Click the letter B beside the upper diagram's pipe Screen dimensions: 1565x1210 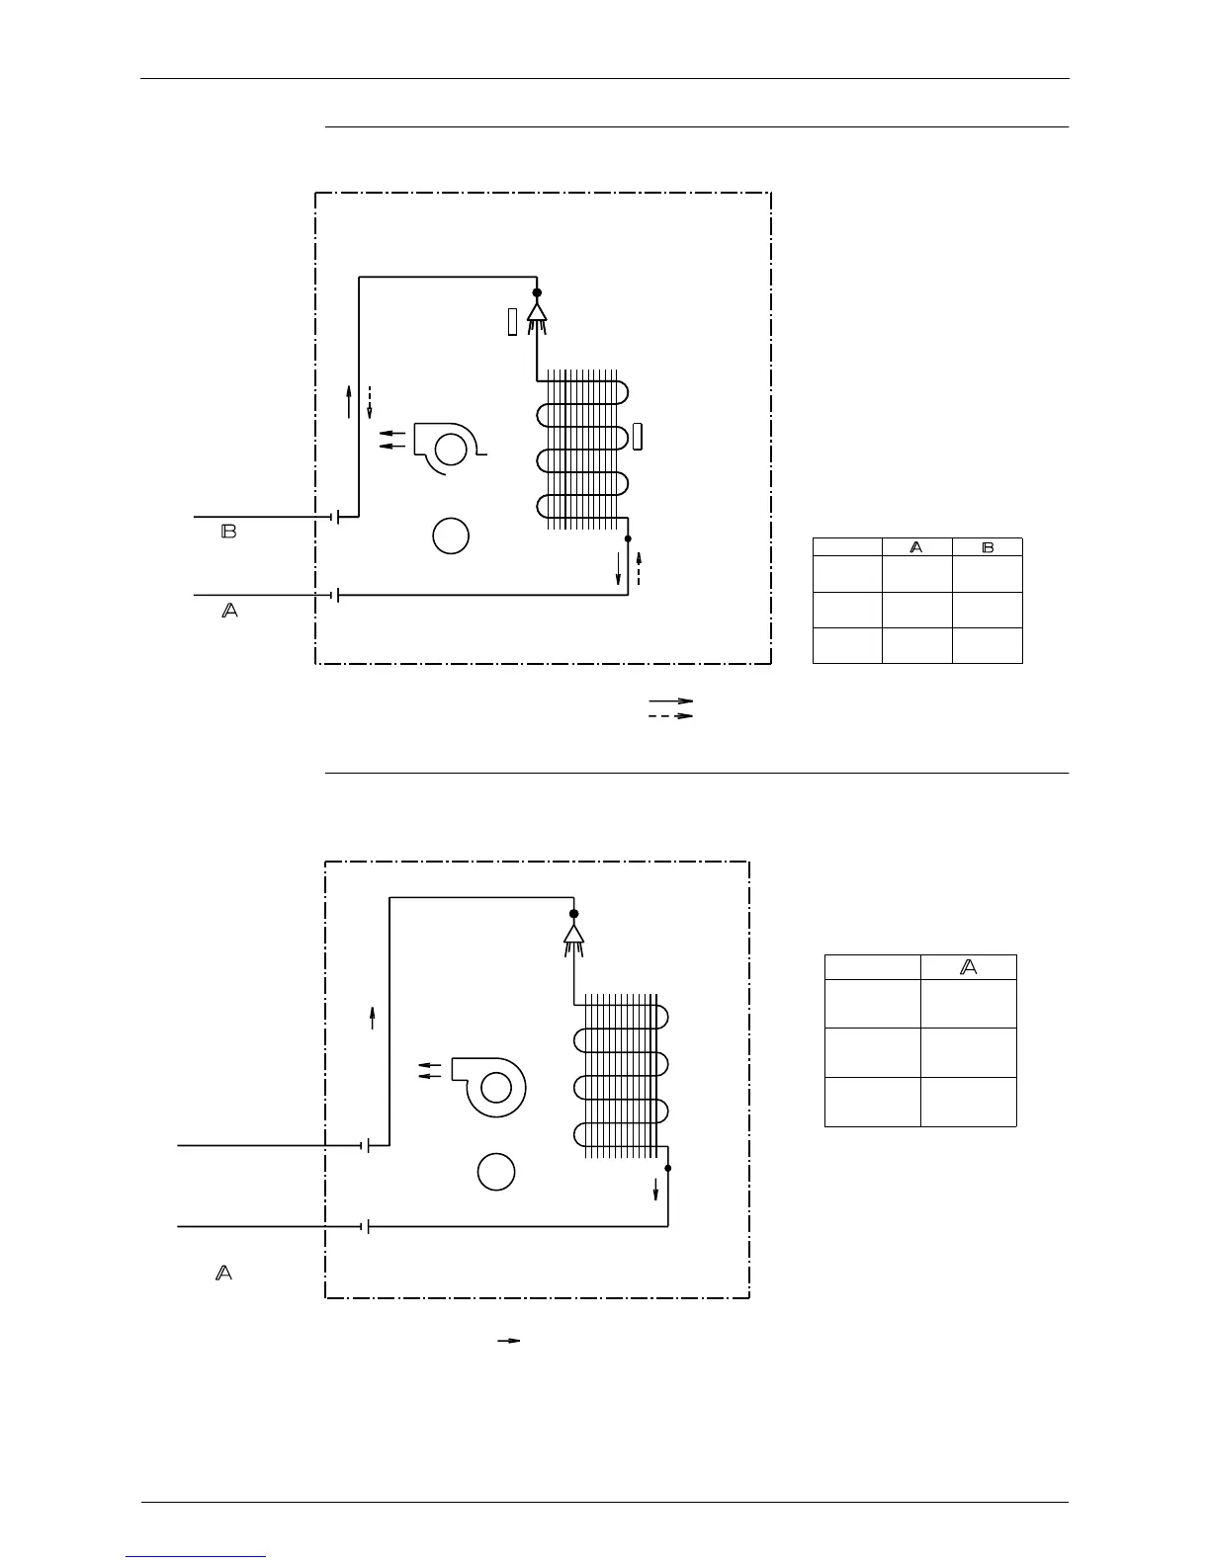pos(228,532)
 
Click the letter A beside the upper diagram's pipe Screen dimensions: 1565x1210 pos(228,612)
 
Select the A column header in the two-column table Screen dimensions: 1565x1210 pos(916,546)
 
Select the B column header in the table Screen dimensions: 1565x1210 pos(987,546)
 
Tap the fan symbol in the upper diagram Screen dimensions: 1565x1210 pos(446,449)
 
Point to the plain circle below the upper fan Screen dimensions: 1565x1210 pos(451,535)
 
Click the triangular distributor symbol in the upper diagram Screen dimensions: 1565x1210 pos(537,312)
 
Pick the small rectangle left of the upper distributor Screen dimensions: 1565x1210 pos(512,321)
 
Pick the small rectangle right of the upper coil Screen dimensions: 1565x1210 pos(639,436)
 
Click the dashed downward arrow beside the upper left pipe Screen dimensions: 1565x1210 pos(370,402)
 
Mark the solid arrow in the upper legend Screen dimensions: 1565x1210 pos(670,700)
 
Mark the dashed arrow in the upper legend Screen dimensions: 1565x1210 pos(670,715)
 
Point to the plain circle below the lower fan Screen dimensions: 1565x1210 pos(496,1172)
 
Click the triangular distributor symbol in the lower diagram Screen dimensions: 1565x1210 pos(573,934)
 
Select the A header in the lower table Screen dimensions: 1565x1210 pos(969,967)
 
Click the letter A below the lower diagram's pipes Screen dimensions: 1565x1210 pos(224,1273)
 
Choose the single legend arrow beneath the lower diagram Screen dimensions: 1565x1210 pos(508,1341)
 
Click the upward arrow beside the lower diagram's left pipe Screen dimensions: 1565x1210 pos(373,1017)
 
